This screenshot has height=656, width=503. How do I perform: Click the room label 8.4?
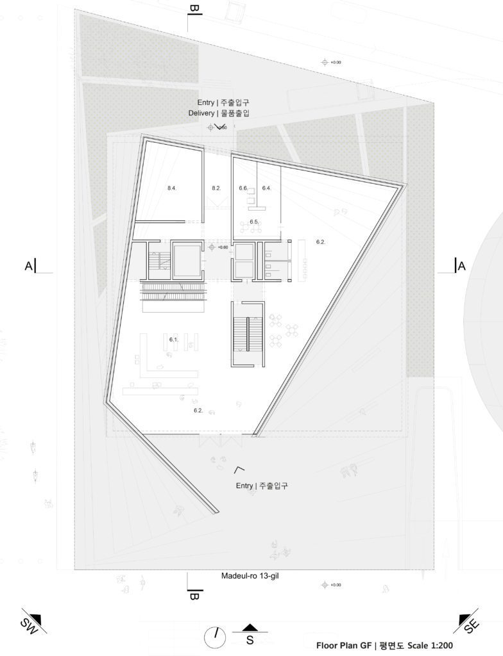pyautogui.click(x=172, y=188)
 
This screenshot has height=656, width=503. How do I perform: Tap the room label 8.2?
pyautogui.click(x=216, y=188)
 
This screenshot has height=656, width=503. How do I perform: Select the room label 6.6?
pyautogui.click(x=243, y=188)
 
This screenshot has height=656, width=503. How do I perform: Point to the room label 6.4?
pyautogui.click(x=267, y=188)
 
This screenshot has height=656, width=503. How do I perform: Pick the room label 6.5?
pyautogui.click(x=254, y=222)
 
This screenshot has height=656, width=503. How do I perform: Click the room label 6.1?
pyautogui.click(x=173, y=339)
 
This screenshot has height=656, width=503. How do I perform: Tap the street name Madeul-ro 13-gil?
pyautogui.click(x=250, y=576)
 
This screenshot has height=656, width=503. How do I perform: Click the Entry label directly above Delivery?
pyautogui.click(x=206, y=102)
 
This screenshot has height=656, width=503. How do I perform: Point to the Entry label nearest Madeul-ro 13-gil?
pyautogui.click(x=244, y=486)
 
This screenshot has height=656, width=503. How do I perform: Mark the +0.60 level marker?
pyautogui.click(x=222, y=247)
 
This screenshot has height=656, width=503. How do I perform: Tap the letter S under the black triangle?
pyautogui.click(x=250, y=639)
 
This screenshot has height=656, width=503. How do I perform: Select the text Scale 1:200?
pyautogui.click(x=429, y=645)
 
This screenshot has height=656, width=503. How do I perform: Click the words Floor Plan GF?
pyautogui.click(x=343, y=645)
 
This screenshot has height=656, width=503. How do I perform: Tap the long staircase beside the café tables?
pyautogui.click(x=248, y=334)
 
